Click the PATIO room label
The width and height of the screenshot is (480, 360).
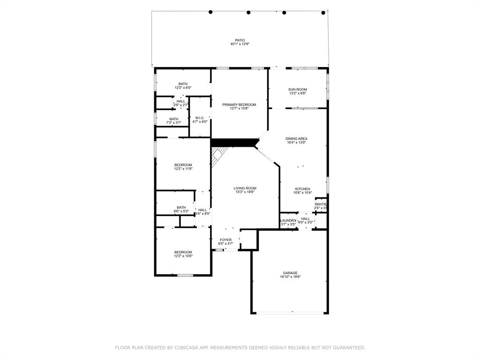click(240, 40)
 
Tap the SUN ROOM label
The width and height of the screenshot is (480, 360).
click(298, 90)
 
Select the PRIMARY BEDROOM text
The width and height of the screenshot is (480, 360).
click(239, 105)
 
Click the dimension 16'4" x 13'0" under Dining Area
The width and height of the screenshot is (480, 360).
click(296, 143)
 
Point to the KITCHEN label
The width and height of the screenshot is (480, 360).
click(302, 189)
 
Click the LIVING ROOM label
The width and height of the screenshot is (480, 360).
click(245, 188)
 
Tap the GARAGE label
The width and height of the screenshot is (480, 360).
click(290, 273)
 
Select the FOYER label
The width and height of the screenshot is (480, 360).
click(226, 240)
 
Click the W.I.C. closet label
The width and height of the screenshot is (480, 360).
click(200, 118)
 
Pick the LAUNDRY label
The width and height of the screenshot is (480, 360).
click(288, 220)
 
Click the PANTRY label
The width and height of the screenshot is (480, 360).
click(321, 204)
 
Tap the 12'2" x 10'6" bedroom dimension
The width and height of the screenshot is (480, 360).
click(183, 256)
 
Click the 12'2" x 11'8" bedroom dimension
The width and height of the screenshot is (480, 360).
click(183, 169)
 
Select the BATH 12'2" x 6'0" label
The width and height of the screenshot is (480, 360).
click(183, 84)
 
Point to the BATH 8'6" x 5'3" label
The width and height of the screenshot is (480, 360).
click(181, 207)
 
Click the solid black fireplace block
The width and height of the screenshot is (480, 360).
click(234, 142)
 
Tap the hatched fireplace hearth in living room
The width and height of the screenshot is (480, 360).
click(218, 156)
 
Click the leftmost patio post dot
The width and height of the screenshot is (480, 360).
click(210, 12)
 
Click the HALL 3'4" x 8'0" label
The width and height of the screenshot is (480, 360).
click(202, 210)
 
